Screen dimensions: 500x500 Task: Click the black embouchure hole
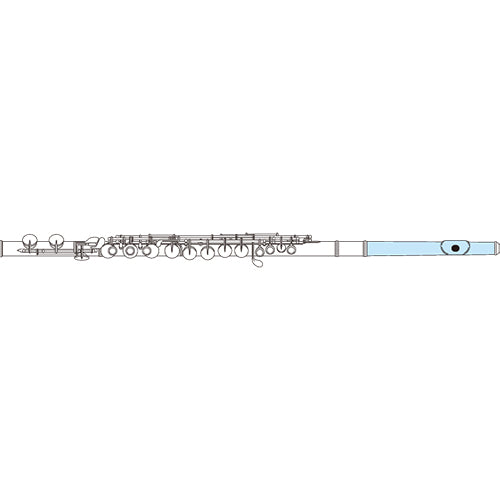(456, 246)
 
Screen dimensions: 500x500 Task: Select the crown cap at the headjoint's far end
(493, 246)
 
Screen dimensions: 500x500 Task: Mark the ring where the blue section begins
(364, 246)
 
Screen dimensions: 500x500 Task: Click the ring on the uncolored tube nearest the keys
(338, 246)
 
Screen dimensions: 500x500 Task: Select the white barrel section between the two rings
(351, 246)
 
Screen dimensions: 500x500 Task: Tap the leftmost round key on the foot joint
(29, 243)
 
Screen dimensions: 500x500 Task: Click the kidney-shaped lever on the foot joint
(94, 241)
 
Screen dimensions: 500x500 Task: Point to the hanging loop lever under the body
(257, 264)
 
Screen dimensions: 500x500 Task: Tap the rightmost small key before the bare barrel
(292, 251)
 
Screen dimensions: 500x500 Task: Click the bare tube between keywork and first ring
(317, 247)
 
